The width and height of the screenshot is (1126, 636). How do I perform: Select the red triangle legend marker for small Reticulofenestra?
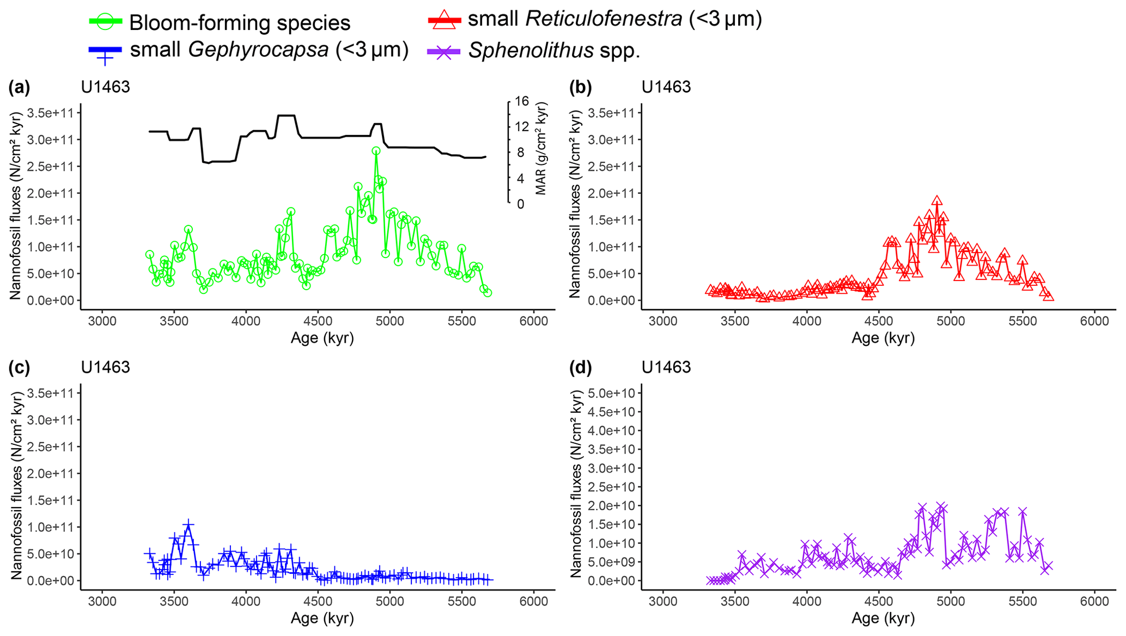click(445, 20)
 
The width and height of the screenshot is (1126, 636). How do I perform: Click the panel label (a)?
click(19, 87)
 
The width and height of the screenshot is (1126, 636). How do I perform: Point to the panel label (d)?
click(580, 368)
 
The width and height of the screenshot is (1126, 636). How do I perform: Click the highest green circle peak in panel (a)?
click(376, 151)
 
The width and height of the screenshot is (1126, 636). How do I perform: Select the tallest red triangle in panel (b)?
click(937, 201)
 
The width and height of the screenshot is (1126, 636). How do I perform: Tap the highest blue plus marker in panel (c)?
click(188, 525)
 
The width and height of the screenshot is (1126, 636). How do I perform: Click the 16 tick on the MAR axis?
click(522, 101)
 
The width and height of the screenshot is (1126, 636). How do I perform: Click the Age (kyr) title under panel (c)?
click(322, 619)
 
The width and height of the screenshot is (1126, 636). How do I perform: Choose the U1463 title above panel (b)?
click(666, 87)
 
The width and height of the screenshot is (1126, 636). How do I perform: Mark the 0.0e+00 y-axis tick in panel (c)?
click(52, 580)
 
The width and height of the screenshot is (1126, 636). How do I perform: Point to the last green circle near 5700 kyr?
click(488, 293)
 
